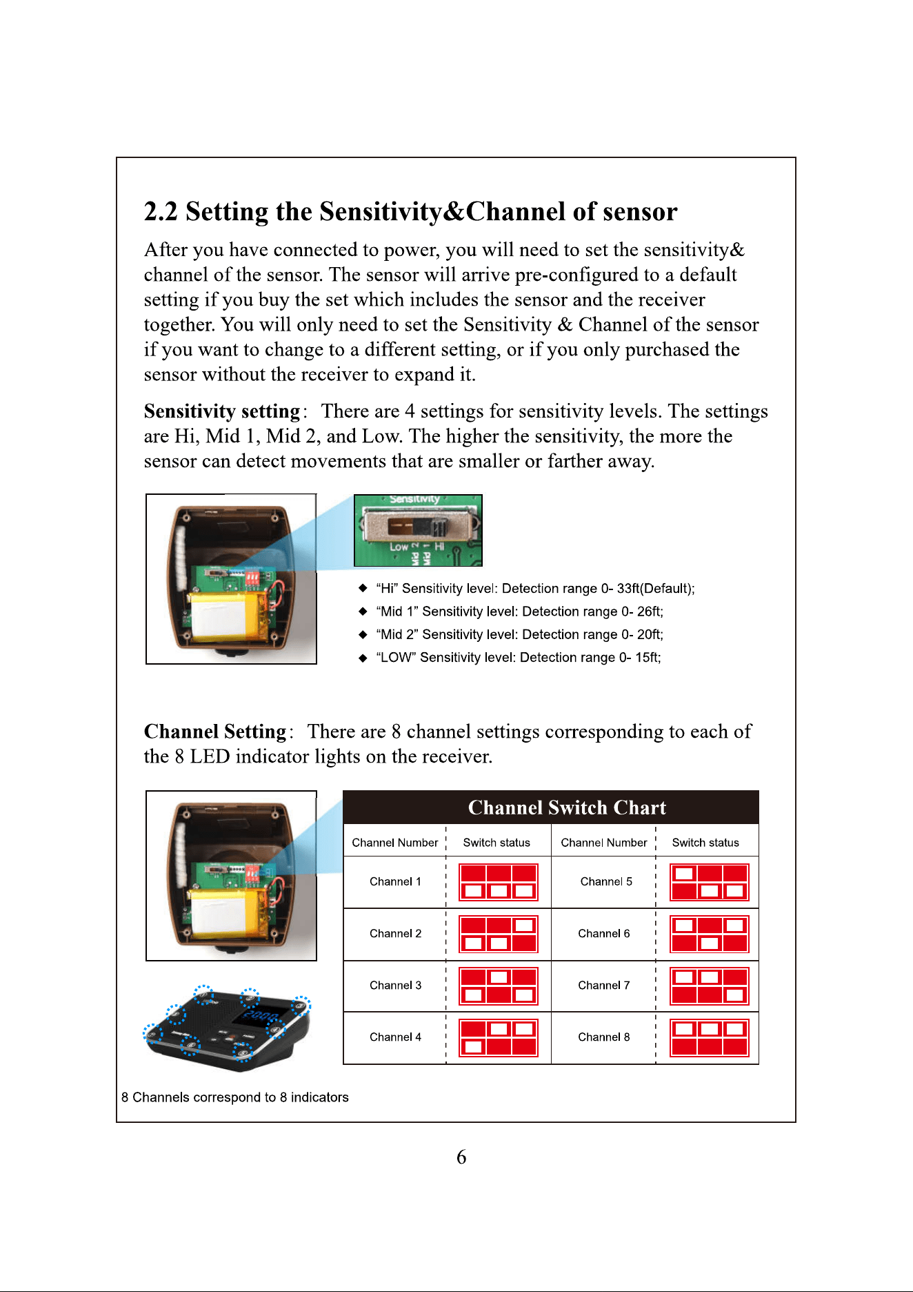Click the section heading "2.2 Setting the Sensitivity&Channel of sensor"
(x=410, y=211)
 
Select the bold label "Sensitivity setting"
(x=222, y=411)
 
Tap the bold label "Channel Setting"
(x=214, y=732)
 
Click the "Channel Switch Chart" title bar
(x=551, y=807)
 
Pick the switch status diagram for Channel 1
(x=498, y=882)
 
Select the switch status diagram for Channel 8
(x=710, y=1038)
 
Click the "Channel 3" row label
(x=396, y=986)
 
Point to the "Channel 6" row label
(x=604, y=934)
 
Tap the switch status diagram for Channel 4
(x=498, y=1038)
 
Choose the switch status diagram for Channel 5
(x=710, y=882)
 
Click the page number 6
(x=461, y=1157)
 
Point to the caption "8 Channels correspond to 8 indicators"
(x=235, y=1097)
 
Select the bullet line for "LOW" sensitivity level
(x=510, y=658)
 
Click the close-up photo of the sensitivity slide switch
(x=418, y=530)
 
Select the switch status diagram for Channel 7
(x=710, y=986)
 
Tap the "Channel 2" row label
(x=396, y=934)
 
